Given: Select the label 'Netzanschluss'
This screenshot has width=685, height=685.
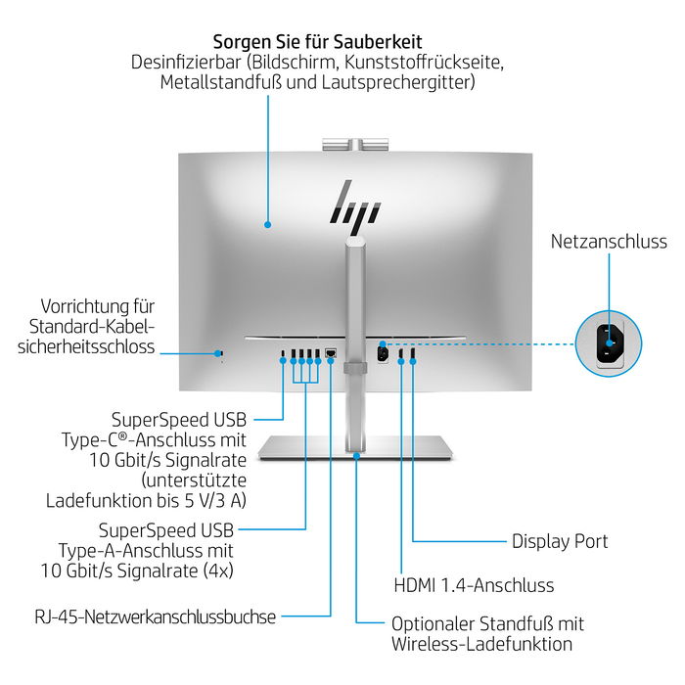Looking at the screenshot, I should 609,242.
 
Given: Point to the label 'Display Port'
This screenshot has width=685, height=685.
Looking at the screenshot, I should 560,541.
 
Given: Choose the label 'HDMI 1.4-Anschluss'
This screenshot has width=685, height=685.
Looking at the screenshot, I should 474,585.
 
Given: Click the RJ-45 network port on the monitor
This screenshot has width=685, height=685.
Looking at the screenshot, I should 331,352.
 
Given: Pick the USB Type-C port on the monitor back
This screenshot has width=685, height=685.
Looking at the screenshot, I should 284,353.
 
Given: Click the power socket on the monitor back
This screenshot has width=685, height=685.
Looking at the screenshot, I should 384,354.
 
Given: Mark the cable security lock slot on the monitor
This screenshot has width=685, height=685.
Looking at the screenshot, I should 220,353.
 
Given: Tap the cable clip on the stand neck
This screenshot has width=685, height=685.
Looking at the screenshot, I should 356,368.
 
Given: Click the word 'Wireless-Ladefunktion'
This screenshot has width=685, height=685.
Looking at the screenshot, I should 481,644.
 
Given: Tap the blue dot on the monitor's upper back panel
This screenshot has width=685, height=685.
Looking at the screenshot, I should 267,224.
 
